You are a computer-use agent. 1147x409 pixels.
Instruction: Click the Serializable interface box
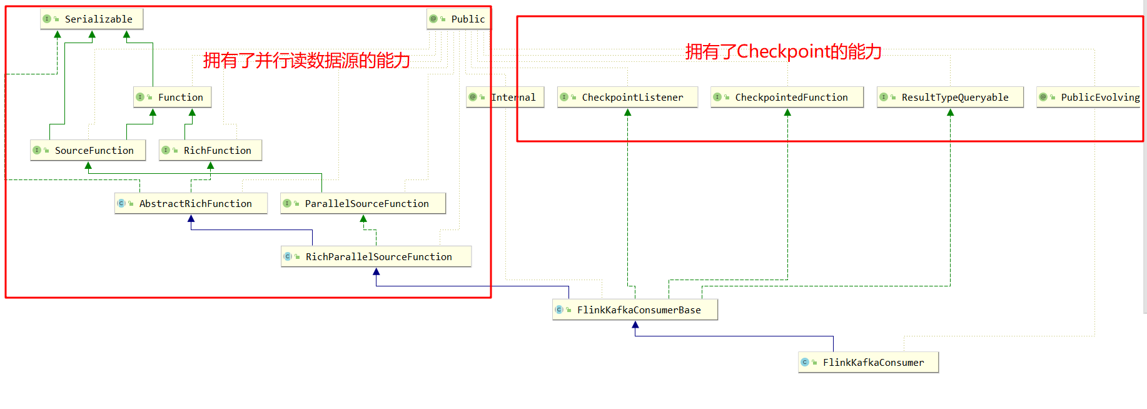coord(91,19)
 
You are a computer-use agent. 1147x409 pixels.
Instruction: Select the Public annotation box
coord(458,19)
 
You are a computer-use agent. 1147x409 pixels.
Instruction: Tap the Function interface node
coord(173,97)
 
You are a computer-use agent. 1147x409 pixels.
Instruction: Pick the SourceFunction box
coord(88,150)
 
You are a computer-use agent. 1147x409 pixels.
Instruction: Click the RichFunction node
coord(210,150)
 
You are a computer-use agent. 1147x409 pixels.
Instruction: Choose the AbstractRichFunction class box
coord(191,203)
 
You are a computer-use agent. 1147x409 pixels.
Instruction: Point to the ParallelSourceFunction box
coord(363,203)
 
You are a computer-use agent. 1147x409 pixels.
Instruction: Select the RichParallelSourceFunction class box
coord(376,256)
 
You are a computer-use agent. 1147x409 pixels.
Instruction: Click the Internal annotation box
coord(505,97)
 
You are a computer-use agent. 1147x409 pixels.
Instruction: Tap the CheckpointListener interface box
coord(627,97)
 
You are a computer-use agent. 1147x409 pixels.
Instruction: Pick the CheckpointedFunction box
coord(787,97)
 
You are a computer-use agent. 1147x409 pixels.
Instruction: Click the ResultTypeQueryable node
coord(950,97)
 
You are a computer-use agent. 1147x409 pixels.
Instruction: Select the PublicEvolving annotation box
coord(1089,97)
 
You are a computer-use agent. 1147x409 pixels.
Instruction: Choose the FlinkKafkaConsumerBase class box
coord(635,310)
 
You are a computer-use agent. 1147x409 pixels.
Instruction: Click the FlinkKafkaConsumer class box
coord(868,362)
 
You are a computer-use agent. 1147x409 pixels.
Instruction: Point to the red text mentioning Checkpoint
coord(783,51)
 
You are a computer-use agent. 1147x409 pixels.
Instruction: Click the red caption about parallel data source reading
coord(306,60)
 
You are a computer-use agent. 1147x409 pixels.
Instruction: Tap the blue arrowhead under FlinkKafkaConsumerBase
coord(635,325)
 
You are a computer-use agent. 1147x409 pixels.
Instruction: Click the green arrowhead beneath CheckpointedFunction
coord(787,113)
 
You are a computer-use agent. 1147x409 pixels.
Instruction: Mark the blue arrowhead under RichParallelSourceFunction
coord(376,271)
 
